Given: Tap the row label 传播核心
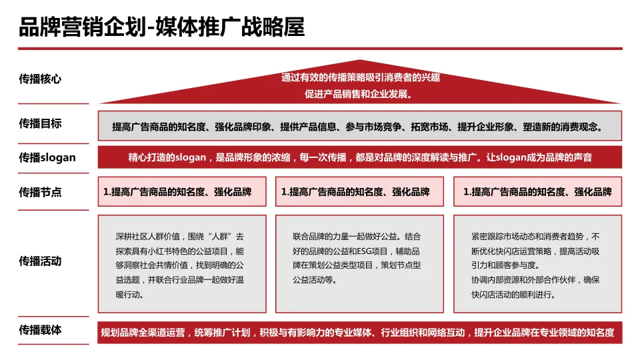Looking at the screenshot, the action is point(41,79).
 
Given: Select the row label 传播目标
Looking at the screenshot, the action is point(41,123).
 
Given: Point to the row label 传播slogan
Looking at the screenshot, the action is point(47,158).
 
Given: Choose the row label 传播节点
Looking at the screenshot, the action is point(41,192).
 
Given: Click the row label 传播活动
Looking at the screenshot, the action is point(41,261).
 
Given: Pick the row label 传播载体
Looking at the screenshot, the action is point(41,330).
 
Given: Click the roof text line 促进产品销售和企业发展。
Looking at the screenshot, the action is point(360,93).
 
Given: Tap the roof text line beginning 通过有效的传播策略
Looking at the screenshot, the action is point(360,77).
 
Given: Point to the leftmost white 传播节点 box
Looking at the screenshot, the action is point(181,192).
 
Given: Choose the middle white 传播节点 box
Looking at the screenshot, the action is point(359,192).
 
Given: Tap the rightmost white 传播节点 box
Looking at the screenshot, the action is point(537,192).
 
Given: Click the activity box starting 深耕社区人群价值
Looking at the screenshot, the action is point(181,265).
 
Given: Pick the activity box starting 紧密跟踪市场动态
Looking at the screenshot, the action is point(537,265).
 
